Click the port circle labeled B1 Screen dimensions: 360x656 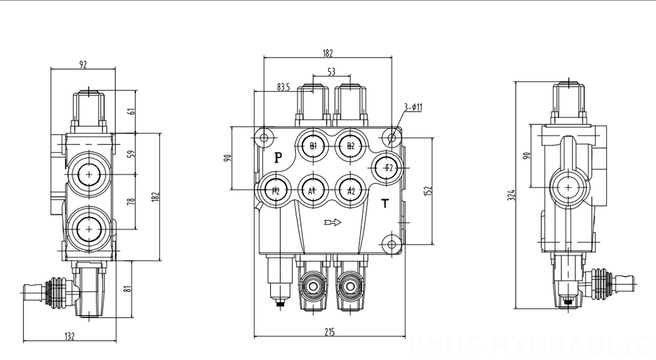314,146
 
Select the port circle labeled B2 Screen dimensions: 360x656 351,146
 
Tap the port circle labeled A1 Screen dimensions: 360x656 314,191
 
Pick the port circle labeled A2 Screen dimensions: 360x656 351,191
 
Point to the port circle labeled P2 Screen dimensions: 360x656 276,191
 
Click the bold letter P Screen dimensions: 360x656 278,158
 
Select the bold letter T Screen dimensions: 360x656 386,203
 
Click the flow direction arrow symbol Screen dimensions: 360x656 333,223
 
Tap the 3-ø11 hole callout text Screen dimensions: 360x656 413,106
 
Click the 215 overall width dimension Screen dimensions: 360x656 329,332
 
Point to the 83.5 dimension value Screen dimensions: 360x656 283,87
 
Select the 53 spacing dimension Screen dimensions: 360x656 331,71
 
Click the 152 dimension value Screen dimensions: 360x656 428,191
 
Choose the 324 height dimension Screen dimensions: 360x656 511,195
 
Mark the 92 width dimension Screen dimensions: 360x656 83,64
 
